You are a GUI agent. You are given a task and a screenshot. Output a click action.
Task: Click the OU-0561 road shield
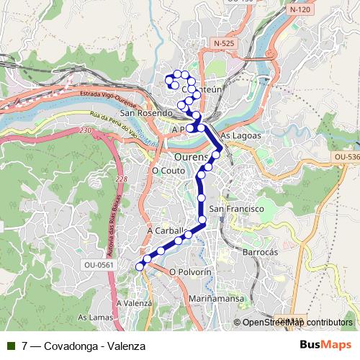pos(98,264)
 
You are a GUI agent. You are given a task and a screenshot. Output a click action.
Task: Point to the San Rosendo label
pos(146,113)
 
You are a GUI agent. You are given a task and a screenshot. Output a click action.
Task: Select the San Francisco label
pos(242,208)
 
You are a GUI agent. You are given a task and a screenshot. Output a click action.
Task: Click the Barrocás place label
pos(260,253)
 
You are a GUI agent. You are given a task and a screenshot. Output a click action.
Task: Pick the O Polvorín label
pos(190,272)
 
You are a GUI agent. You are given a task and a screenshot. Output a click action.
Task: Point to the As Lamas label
pos(94,318)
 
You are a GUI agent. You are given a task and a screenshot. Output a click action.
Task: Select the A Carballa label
pos(167,230)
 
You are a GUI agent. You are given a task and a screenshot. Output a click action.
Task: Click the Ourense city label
pos(192,156)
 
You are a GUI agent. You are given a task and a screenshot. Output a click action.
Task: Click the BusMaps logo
pos(325,346)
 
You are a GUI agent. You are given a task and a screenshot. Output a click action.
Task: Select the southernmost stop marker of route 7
pos(140,267)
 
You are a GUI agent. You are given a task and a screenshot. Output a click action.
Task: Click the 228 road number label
pos(121,179)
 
